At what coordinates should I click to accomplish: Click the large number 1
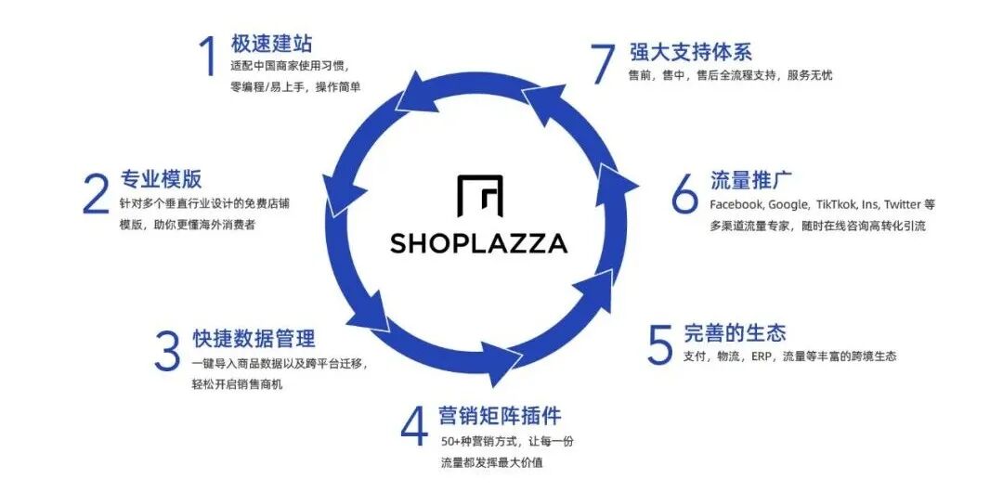(x=208, y=56)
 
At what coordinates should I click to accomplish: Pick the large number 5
(x=659, y=343)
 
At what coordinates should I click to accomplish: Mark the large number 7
(x=603, y=62)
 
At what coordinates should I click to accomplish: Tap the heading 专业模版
(x=161, y=179)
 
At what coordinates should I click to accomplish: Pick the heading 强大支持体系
(x=690, y=51)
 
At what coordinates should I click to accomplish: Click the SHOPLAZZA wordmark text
(x=478, y=243)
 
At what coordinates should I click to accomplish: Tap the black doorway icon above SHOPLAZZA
(x=481, y=196)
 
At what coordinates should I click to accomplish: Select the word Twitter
(x=903, y=204)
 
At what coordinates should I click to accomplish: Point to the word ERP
(x=763, y=356)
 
